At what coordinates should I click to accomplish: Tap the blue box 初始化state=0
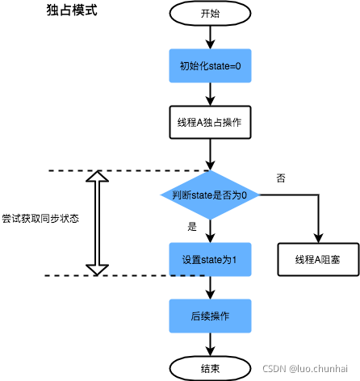coord(209,65)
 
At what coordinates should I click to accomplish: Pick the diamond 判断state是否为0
coord(209,195)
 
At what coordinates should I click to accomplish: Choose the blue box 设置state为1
coord(209,259)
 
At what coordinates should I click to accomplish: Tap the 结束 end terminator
coord(209,368)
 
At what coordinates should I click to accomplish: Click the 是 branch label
coord(192,227)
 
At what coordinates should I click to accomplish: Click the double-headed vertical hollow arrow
coord(97,223)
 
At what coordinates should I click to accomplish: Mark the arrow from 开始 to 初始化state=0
coord(209,36)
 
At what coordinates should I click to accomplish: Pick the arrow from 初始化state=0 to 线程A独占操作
coord(209,93)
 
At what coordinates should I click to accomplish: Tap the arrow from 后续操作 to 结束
coord(209,344)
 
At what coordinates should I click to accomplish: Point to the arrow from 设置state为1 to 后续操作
coord(209,287)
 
